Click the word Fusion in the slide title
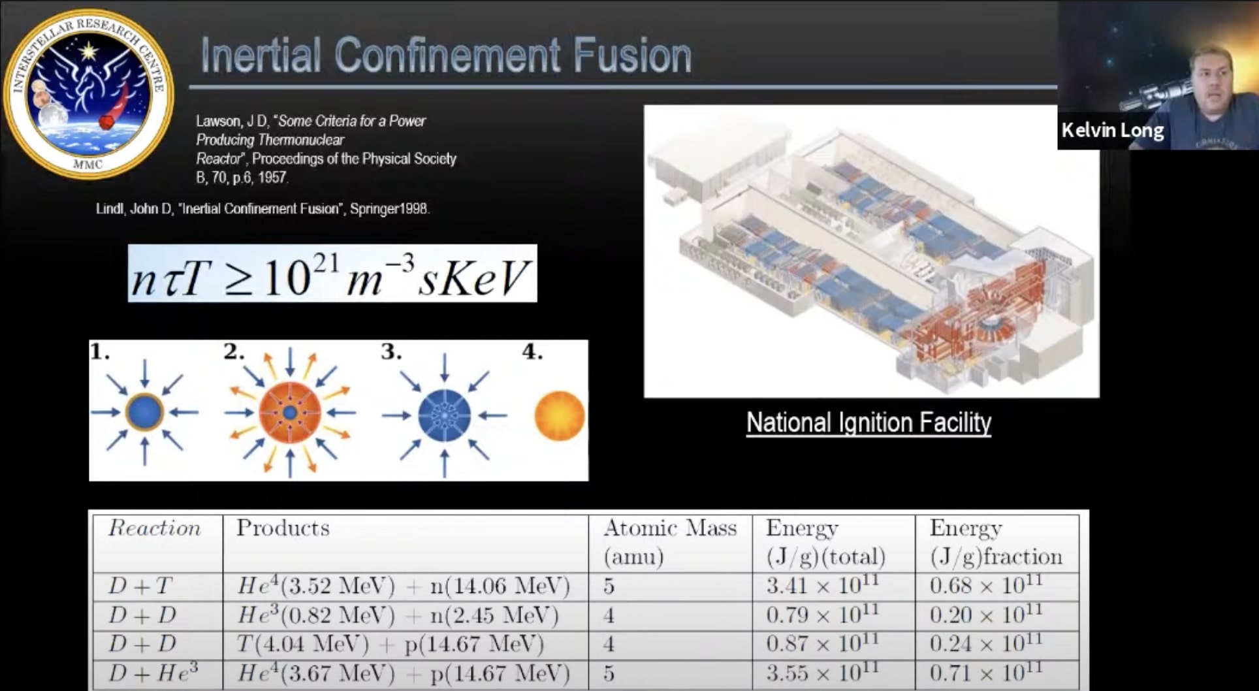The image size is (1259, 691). pyautogui.click(x=631, y=56)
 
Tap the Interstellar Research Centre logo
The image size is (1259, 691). pyautogui.click(x=89, y=94)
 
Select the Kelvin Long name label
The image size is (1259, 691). pyautogui.click(x=1112, y=131)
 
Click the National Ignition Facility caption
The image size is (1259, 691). pyautogui.click(x=869, y=423)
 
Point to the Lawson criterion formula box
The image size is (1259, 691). pyautogui.click(x=332, y=274)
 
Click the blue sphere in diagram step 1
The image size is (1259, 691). pyautogui.click(x=144, y=411)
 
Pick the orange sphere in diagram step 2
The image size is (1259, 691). pyautogui.click(x=290, y=413)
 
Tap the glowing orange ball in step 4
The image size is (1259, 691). pyautogui.click(x=560, y=415)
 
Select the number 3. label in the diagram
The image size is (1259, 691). pyautogui.click(x=391, y=352)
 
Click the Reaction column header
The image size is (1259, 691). pyautogui.click(x=155, y=528)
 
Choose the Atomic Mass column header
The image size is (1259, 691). pyautogui.click(x=669, y=528)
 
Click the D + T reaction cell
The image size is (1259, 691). pyautogui.click(x=140, y=586)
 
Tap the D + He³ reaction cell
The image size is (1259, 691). pyautogui.click(x=153, y=673)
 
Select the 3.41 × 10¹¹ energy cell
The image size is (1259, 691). pyautogui.click(x=822, y=585)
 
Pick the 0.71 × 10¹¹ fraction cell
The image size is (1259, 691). pyautogui.click(x=985, y=673)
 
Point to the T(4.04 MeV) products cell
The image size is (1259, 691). pyautogui.click(x=390, y=645)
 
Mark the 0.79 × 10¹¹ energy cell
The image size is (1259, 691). pyautogui.click(x=822, y=615)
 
